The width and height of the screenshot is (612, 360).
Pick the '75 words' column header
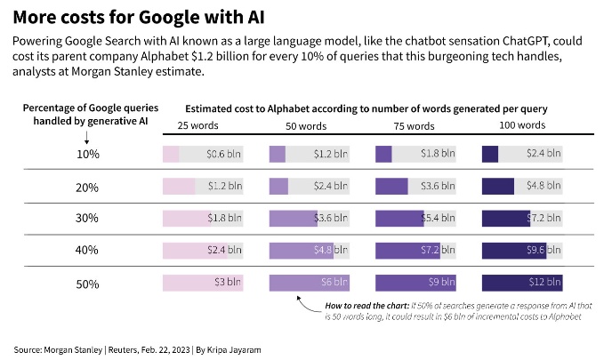(x=414, y=126)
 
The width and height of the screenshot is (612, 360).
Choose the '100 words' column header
(x=520, y=126)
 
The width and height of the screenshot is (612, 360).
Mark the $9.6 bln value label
(x=542, y=251)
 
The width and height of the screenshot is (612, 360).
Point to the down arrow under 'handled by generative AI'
(x=86, y=138)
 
